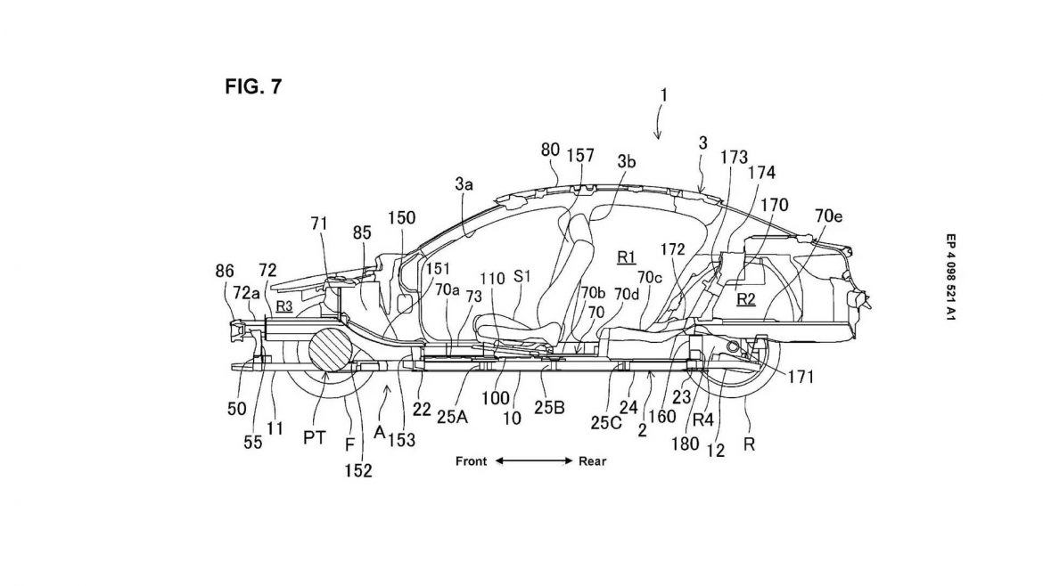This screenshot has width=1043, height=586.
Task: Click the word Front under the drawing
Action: (x=471, y=461)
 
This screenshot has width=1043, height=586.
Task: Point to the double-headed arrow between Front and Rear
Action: (x=532, y=461)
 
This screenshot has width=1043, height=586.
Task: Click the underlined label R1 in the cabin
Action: (x=626, y=256)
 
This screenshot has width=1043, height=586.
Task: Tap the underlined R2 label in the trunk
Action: (x=746, y=300)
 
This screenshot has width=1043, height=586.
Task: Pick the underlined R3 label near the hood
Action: (x=284, y=305)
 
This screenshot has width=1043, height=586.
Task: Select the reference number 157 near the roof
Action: (x=581, y=154)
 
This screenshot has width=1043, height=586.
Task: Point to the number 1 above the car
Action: (x=664, y=93)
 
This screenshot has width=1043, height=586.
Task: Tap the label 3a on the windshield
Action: (x=463, y=184)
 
